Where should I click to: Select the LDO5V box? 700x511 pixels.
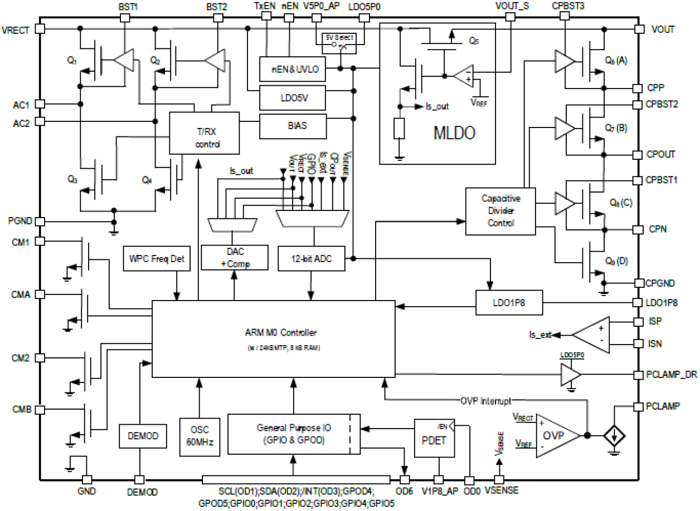click(291, 98)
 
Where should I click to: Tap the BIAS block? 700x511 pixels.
click(291, 126)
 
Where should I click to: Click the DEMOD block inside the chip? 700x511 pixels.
click(139, 435)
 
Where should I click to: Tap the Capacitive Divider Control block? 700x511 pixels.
click(500, 210)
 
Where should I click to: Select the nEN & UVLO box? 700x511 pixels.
click(291, 69)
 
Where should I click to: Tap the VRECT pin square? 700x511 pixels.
click(39, 29)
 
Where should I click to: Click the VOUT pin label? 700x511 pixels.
click(663, 29)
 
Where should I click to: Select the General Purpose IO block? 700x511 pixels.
click(289, 434)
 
